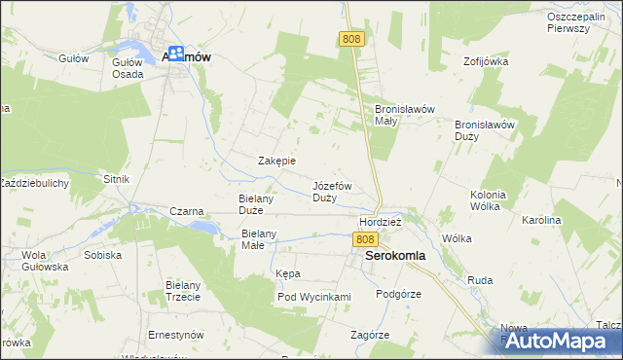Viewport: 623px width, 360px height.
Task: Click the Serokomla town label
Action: point(395,258)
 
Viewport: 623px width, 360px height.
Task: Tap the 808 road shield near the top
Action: point(350,38)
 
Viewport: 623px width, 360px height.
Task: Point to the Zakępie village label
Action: point(276,161)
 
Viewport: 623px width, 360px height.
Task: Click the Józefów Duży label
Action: point(331,191)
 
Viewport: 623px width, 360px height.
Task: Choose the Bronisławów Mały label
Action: point(399,115)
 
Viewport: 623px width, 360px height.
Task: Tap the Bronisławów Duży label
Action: point(484,130)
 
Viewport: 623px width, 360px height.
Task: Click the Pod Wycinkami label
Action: point(313,297)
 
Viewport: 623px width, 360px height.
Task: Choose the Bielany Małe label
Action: point(260,239)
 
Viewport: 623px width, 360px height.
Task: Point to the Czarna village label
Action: point(186,211)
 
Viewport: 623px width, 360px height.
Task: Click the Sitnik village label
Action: point(116,180)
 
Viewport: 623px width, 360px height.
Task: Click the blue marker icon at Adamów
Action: point(176,55)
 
